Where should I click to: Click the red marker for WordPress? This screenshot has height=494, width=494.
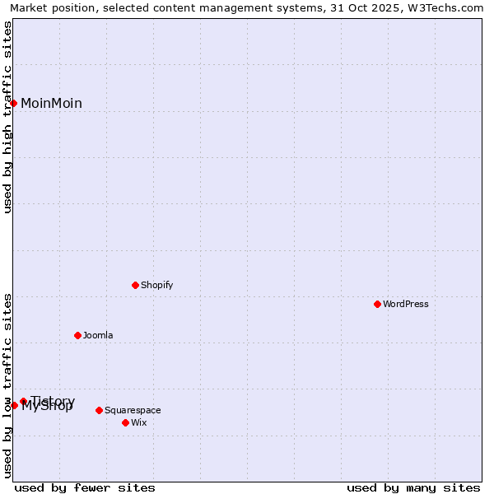(x=378, y=304)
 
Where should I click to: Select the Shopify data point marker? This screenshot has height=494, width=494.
(x=136, y=285)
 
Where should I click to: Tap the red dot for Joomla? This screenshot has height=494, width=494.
(x=78, y=335)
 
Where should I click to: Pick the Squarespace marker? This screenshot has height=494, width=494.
(x=100, y=410)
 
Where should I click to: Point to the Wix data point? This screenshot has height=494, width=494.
(x=126, y=422)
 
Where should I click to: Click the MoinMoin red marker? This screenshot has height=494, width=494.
(x=14, y=103)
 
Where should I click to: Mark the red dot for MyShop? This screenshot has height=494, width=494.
(x=14, y=405)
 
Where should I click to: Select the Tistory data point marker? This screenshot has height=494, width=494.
(x=24, y=401)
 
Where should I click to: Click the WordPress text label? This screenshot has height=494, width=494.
(x=406, y=304)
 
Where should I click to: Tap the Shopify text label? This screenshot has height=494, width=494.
(x=156, y=285)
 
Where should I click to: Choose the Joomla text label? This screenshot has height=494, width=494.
(x=98, y=335)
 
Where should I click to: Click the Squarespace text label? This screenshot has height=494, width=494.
(x=133, y=410)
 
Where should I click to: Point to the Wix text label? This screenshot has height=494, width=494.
(x=139, y=422)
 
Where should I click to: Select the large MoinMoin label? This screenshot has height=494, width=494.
(x=51, y=103)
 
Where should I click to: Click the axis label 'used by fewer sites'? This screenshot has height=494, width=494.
(x=85, y=487)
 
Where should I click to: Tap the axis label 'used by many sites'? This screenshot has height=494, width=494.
(x=413, y=487)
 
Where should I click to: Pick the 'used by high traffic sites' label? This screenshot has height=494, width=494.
(x=7, y=117)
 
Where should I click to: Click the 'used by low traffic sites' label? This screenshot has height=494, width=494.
(x=7, y=385)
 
